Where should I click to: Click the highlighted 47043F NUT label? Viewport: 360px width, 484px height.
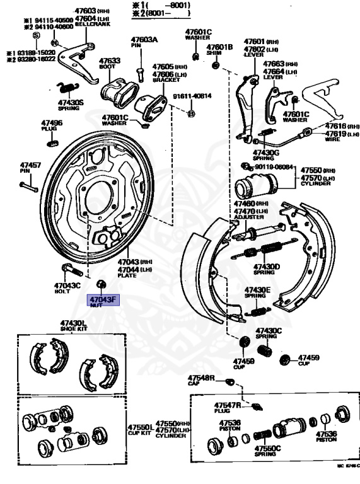(x=103, y=301)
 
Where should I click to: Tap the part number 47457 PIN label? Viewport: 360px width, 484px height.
(x=31, y=168)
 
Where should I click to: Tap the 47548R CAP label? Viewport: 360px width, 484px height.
(x=201, y=379)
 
